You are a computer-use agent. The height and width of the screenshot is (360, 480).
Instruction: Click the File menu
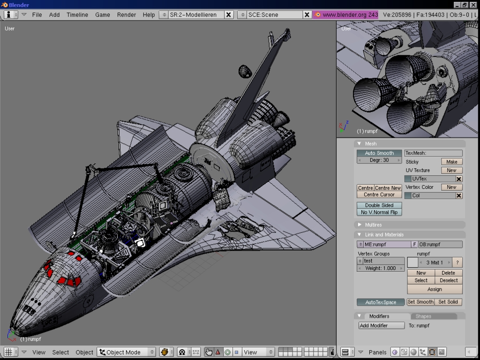(x=37, y=15)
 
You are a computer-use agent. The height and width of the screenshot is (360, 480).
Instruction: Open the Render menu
(x=127, y=15)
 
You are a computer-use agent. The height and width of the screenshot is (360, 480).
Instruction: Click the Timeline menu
(x=77, y=15)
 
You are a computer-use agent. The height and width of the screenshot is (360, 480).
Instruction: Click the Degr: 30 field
(x=379, y=160)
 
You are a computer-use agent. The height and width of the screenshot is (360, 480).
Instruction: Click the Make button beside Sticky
(x=451, y=162)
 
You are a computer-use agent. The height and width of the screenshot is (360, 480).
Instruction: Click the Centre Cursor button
(x=379, y=195)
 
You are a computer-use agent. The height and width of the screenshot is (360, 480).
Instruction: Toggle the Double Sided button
(x=379, y=205)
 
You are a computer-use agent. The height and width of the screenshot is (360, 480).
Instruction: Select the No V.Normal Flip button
(x=379, y=212)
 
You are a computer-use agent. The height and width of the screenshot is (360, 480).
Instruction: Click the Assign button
(x=435, y=289)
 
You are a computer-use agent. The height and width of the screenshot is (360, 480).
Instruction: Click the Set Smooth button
(x=420, y=302)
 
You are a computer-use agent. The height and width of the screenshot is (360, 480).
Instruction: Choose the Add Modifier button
(x=381, y=326)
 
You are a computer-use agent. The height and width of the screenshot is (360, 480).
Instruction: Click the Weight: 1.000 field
(x=381, y=268)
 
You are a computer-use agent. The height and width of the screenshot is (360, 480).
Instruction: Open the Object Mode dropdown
(x=127, y=352)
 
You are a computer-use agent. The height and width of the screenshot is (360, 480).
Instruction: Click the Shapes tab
(x=423, y=316)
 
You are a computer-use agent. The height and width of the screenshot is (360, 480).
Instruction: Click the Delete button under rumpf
(x=448, y=273)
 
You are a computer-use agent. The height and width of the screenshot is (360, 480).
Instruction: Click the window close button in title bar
(x=473, y=5)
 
